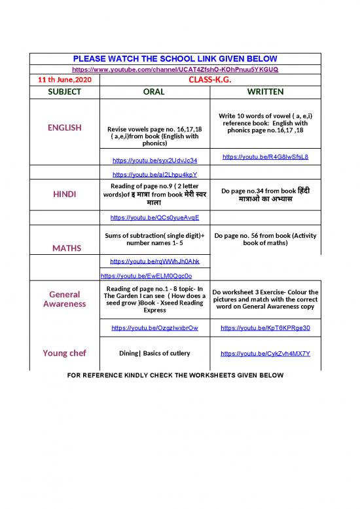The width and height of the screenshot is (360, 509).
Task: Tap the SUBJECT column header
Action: [x=64, y=92]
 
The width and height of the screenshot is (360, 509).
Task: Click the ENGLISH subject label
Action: [x=64, y=128]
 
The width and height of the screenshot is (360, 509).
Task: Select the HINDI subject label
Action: [x=64, y=195]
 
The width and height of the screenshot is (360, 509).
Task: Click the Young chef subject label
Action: [x=64, y=354]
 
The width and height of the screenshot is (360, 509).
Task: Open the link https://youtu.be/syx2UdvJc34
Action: [x=155, y=160]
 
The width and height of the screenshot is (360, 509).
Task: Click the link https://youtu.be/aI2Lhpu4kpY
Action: [x=155, y=174]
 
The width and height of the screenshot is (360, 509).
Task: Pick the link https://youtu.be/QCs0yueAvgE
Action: [x=155, y=217]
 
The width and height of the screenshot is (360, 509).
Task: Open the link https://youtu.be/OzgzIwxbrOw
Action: [x=155, y=328]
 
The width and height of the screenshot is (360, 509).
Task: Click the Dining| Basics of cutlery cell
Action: [x=155, y=354]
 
